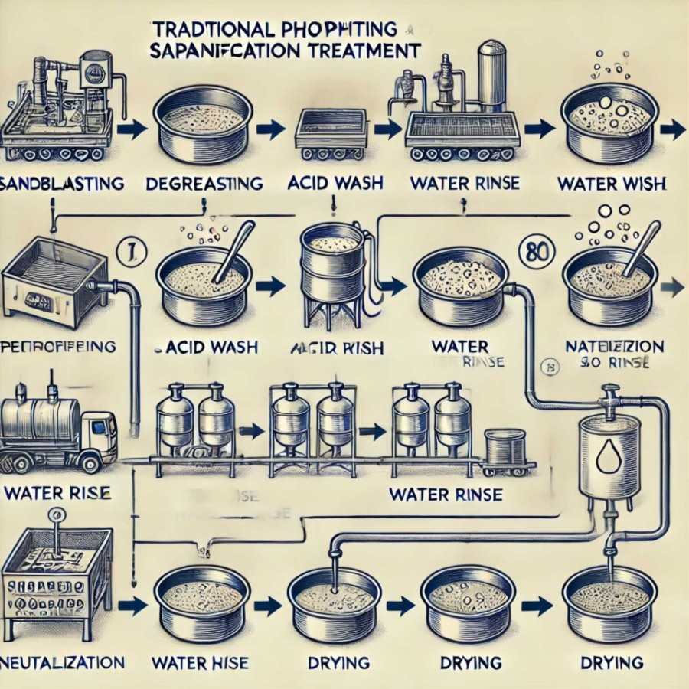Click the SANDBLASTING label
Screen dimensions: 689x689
[61, 184]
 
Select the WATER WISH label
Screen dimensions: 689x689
[611, 184]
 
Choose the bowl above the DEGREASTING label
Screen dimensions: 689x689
[203, 123]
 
